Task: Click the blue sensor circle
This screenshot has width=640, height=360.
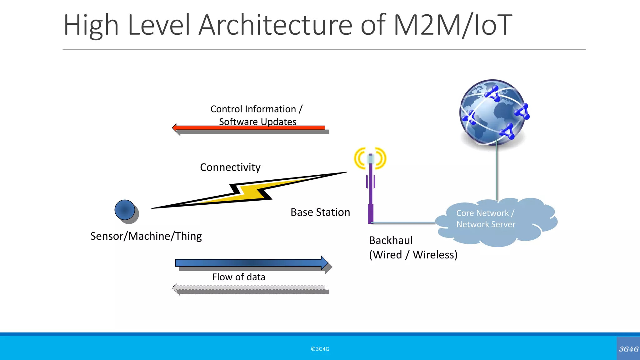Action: pyautogui.click(x=125, y=210)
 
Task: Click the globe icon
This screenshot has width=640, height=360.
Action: pyautogui.click(x=492, y=112)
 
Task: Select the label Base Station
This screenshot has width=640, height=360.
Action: pyautogui.click(x=320, y=212)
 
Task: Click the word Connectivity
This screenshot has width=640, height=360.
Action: pyautogui.click(x=230, y=167)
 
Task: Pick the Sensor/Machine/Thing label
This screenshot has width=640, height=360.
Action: pyautogui.click(x=146, y=236)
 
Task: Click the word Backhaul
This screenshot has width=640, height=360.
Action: pyautogui.click(x=391, y=240)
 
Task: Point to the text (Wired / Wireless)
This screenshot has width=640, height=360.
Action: pyautogui.click(x=413, y=255)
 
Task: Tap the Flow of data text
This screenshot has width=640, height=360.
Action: pyautogui.click(x=238, y=277)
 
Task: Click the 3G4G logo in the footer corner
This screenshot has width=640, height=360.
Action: pyautogui.click(x=628, y=349)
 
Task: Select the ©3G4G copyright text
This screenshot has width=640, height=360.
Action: pyautogui.click(x=320, y=349)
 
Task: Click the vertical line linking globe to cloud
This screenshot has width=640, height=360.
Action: pyautogui.click(x=497, y=172)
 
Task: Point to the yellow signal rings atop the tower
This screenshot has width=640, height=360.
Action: pyautogui.click(x=370, y=158)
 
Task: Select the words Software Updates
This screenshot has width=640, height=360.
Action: pyautogui.click(x=257, y=122)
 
